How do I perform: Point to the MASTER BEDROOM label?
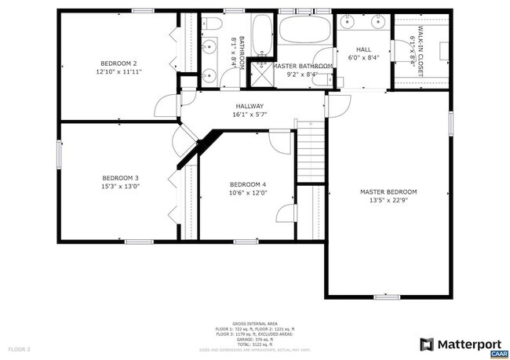click(x=388, y=191)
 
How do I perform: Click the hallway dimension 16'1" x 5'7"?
click(x=250, y=115)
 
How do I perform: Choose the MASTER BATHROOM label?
click(x=302, y=66)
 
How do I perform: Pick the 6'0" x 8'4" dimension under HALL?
click(x=362, y=57)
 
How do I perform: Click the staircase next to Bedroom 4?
click(x=311, y=152)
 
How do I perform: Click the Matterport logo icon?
click(x=427, y=344)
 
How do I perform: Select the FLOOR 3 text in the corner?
click(x=19, y=348)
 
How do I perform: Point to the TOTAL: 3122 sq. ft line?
click(x=255, y=344)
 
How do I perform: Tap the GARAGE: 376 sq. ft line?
click(x=255, y=339)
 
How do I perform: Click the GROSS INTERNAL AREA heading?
click(x=255, y=322)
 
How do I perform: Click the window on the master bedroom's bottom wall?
click(x=386, y=296)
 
